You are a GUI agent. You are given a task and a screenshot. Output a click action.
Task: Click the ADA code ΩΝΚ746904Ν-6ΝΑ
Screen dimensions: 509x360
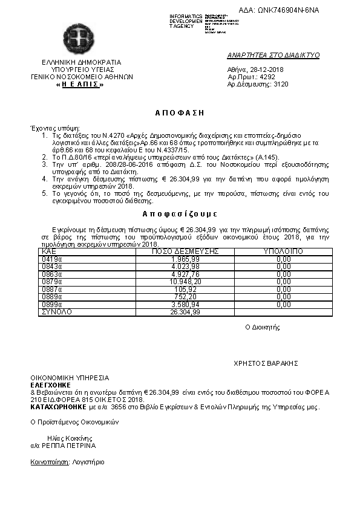[x=287, y=10]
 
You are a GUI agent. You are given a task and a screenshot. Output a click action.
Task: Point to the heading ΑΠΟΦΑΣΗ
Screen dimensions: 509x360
[x=180, y=112]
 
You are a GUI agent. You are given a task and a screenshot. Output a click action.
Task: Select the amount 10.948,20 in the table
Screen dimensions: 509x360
[x=186, y=282]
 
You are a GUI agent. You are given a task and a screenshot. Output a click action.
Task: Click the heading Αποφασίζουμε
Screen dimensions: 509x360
[x=180, y=214]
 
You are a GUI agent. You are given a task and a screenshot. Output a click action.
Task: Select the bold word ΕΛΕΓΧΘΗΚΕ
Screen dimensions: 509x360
[x=50, y=384]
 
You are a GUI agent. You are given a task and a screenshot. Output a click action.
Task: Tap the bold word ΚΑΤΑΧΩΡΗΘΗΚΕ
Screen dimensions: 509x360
[x=59, y=407]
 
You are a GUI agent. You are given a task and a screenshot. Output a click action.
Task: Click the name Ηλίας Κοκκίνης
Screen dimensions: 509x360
[x=61, y=438]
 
